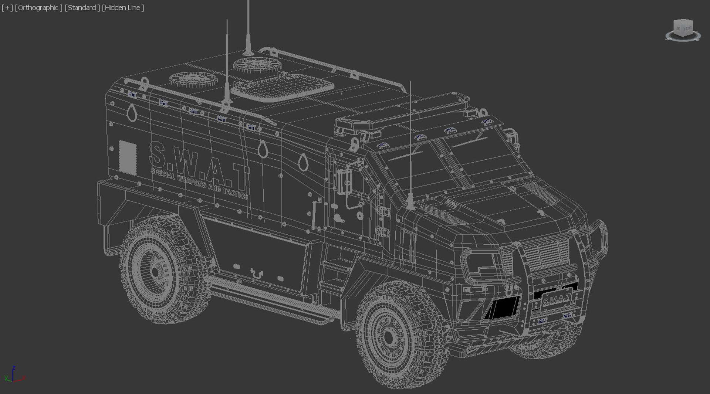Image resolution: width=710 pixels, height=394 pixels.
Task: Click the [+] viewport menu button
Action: pyautogui.click(x=7, y=7)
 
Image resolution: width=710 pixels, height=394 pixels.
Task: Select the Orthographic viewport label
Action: pyautogui.click(x=38, y=7)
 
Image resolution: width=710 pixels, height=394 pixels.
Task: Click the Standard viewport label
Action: pyautogui.click(x=82, y=7)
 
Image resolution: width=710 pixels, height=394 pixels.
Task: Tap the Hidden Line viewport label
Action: pyautogui.click(x=123, y=7)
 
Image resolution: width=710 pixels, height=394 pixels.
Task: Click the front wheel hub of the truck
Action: pyautogui.click(x=389, y=337)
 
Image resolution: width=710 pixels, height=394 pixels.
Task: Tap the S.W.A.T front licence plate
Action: pyautogui.click(x=557, y=299)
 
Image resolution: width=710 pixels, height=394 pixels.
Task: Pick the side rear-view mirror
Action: pyautogui.click(x=344, y=181)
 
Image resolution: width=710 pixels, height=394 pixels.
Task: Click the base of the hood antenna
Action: pyautogui.click(x=410, y=205)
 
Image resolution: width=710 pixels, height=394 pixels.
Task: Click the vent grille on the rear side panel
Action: pyautogui.click(x=128, y=157)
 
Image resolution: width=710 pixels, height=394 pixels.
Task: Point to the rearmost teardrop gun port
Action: pyautogui.click(x=132, y=112)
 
